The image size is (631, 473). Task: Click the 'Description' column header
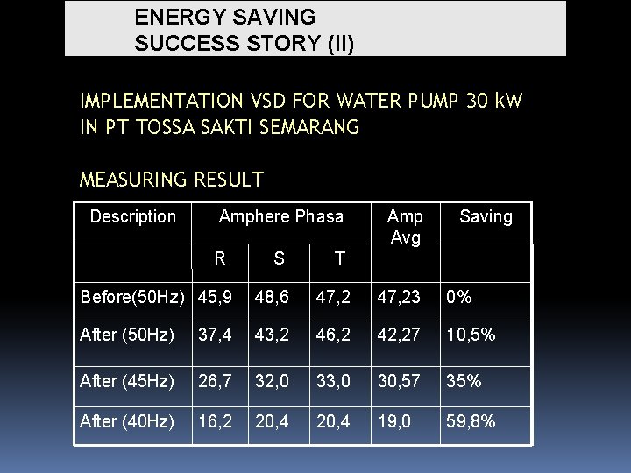133,216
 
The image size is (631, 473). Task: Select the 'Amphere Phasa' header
281,216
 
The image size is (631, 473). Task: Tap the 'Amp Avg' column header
405,226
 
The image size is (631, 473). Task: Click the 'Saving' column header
486,216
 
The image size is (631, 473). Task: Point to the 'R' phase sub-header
221,258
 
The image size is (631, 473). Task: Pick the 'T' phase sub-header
340,258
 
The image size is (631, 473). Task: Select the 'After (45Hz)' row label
127,381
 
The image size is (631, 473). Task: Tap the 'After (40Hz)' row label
127,421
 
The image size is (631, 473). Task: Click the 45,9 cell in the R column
216,297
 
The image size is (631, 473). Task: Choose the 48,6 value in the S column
273,297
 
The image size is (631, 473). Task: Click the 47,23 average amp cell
399,297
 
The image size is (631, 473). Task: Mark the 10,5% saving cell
471,335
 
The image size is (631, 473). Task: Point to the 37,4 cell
216,335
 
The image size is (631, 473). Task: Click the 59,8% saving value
471,421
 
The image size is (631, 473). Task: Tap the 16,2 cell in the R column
216,421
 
